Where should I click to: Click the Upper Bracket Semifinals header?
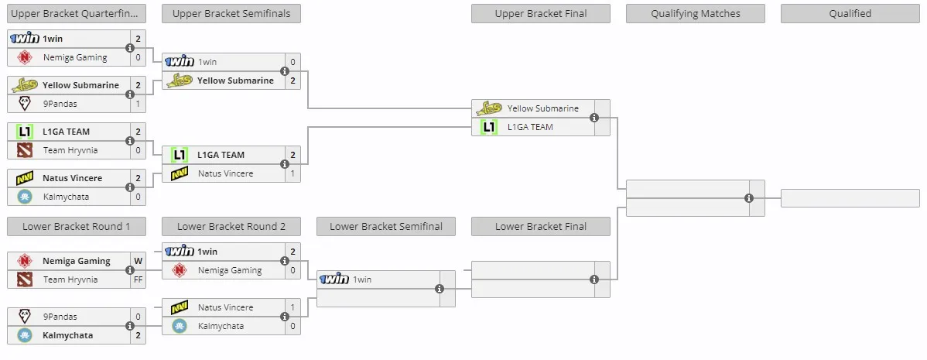click(x=231, y=14)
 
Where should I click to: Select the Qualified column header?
click(x=850, y=14)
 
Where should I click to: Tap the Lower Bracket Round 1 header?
click(x=77, y=226)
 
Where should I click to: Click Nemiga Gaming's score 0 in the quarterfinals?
click(x=139, y=57)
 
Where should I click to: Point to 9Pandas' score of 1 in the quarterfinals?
click(x=139, y=104)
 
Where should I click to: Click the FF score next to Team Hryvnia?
click(x=139, y=279)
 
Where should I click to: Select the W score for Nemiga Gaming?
click(x=139, y=261)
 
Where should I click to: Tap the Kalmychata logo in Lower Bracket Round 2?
click(x=180, y=326)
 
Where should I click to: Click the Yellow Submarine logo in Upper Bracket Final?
click(x=489, y=108)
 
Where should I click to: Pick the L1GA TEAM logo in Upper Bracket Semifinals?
click(x=180, y=155)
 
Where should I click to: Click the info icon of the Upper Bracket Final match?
click(x=594, y=118)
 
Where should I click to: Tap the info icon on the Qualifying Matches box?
click(x=749, y=198)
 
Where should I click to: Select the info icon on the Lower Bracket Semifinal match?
click(x=440, y=289)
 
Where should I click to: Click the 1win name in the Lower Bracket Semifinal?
click(x=362, y=279)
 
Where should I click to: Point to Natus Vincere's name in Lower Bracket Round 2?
click(x=226, y=307)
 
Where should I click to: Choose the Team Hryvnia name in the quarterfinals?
click(x=70, y=150)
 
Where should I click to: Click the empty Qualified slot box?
click(x=850, y=198)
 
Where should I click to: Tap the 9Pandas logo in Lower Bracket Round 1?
click(x=24, y=316)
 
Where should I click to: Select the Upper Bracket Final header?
click(x=541, y=14)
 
